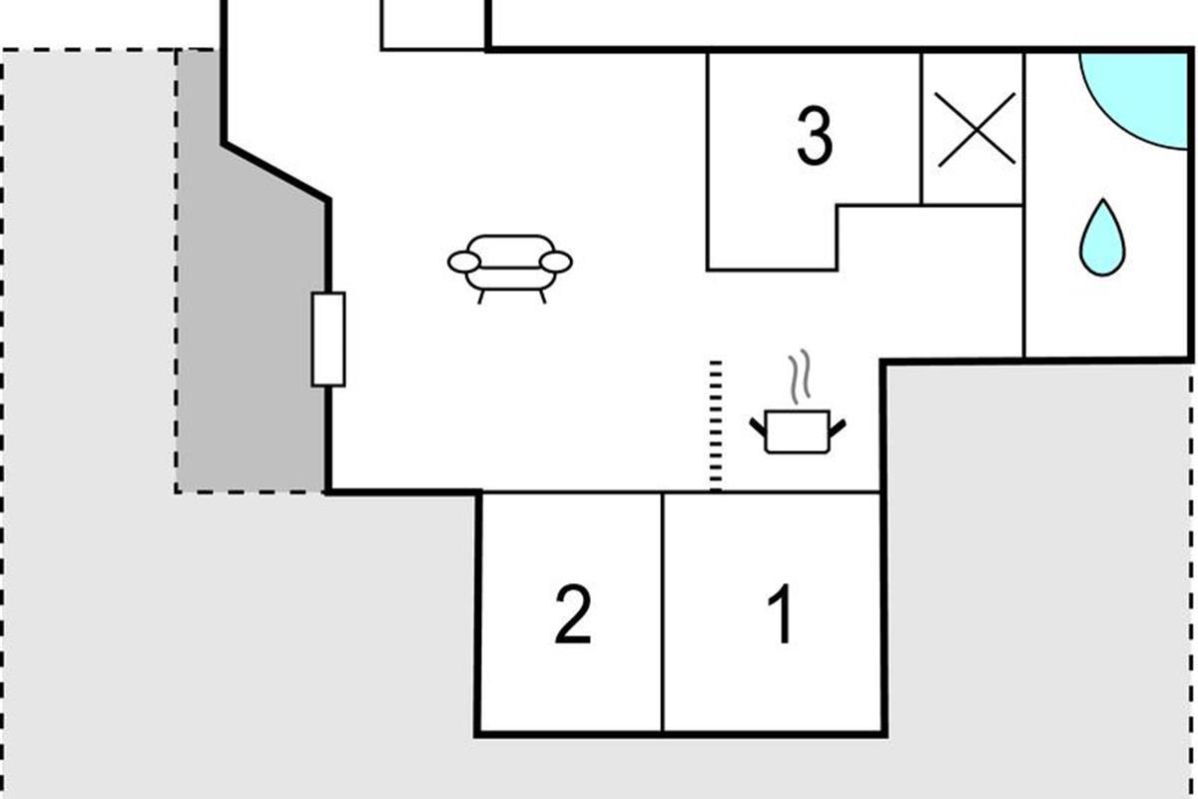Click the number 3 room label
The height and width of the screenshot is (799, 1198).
click(x=815, y=136)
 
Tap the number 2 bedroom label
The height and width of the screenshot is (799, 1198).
click(x=573, y=614)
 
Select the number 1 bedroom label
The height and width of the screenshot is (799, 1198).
click(x=782, y=614)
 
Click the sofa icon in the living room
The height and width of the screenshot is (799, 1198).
click(x=510, y=269)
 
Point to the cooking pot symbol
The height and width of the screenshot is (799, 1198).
click(x=798, y=431)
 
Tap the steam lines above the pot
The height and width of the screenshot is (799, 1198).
click(x=800, y=377)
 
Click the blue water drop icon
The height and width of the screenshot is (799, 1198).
click(x=1102, y=238)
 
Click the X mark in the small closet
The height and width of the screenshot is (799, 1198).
click(x=976, y=130)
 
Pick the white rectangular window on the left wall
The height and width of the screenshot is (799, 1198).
click(x=328, y=340)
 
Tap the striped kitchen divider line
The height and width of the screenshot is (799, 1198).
click(x=716, y=426)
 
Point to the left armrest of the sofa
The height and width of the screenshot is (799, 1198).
click(x=463, y=263)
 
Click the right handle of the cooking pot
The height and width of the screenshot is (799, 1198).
click(x=837, y=428)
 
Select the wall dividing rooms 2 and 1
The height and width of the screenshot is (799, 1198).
click(x=663, y=612)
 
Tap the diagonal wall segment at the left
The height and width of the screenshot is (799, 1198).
click(x=276, y=172)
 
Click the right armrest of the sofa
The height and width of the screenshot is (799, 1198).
click(x=556, y=263)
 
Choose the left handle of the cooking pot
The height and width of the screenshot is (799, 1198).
click(x=759, y=427)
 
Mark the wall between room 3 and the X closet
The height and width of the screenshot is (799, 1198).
click(x=921, y=129)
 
